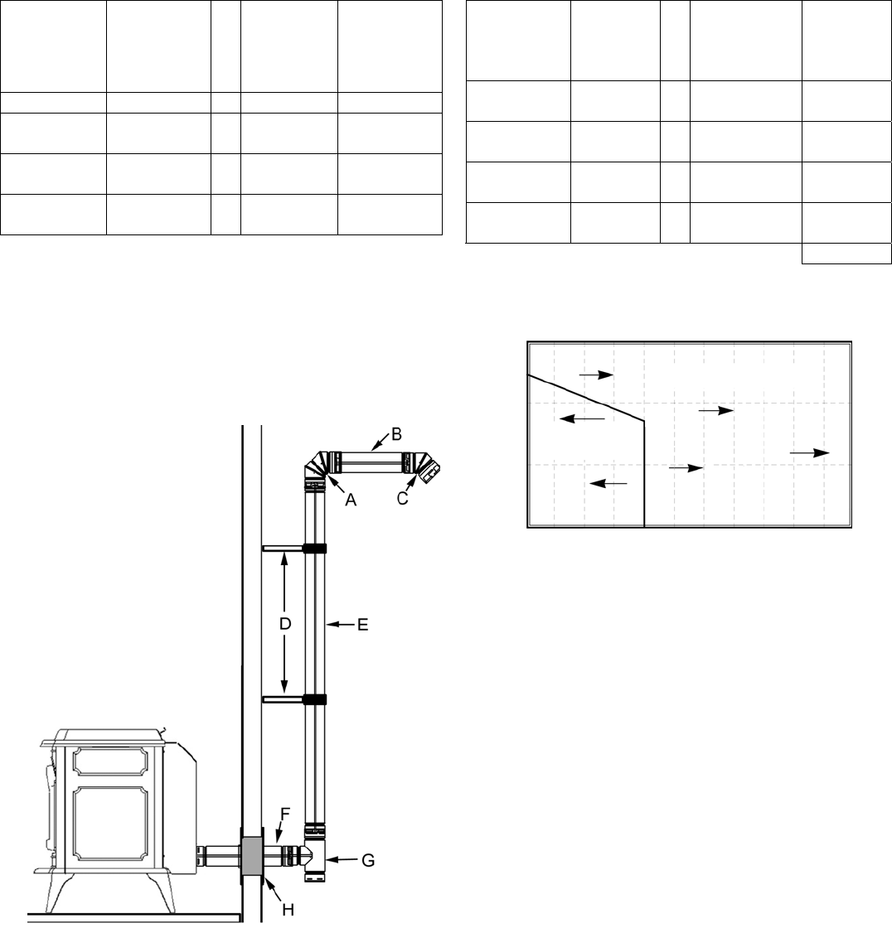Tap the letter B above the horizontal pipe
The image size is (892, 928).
[396, 433]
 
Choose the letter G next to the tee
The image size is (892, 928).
[367, 861]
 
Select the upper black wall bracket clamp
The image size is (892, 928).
[314, 548]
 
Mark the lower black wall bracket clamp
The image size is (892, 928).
[314, 699]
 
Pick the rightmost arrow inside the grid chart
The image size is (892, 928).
[810, 453]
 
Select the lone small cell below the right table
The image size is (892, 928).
[846, 254]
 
